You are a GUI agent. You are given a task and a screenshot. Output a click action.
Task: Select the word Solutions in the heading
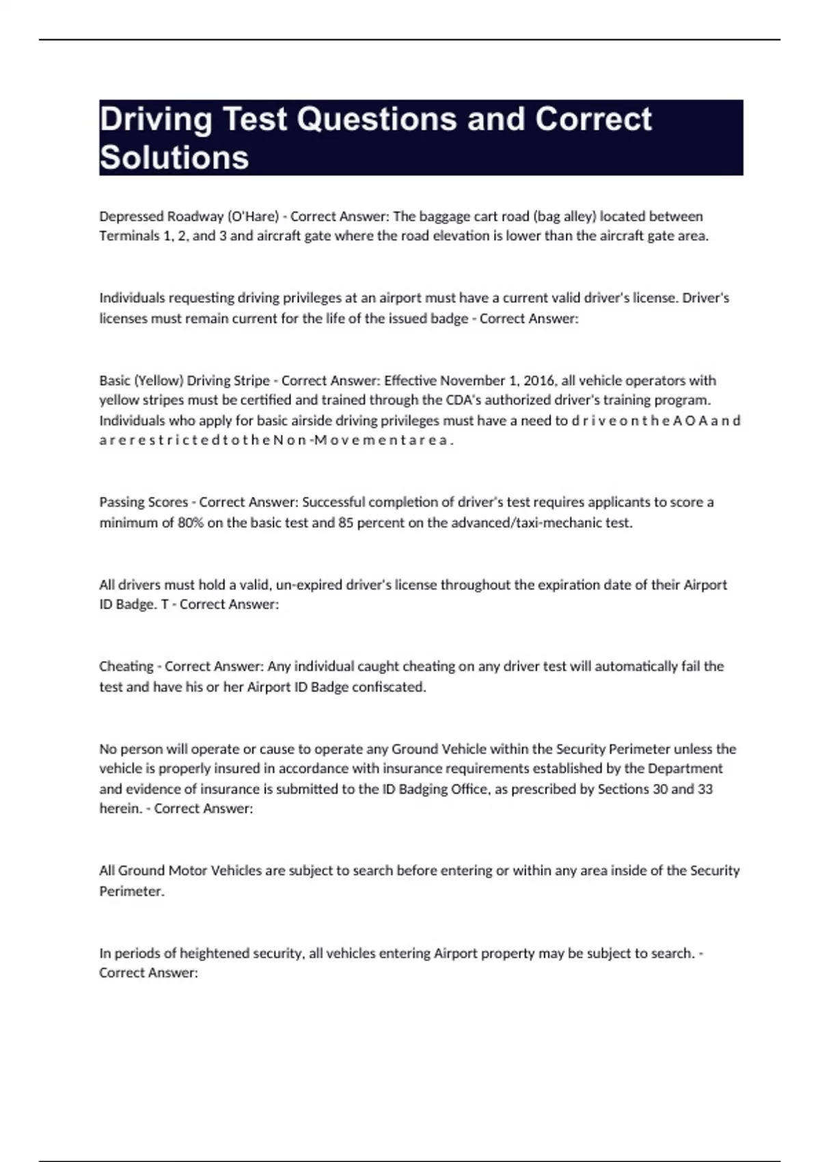(x=174, y=158)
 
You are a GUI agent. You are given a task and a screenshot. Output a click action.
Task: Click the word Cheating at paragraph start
(x=126, y=666)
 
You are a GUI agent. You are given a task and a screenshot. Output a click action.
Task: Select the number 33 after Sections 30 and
(x=705, y=789)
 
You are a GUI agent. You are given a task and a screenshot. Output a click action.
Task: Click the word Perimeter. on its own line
(x=132, y=891)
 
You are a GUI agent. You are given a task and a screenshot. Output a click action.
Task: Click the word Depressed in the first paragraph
(x=131, y=216)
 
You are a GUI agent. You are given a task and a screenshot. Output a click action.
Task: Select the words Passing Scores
(x=143, y=502)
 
